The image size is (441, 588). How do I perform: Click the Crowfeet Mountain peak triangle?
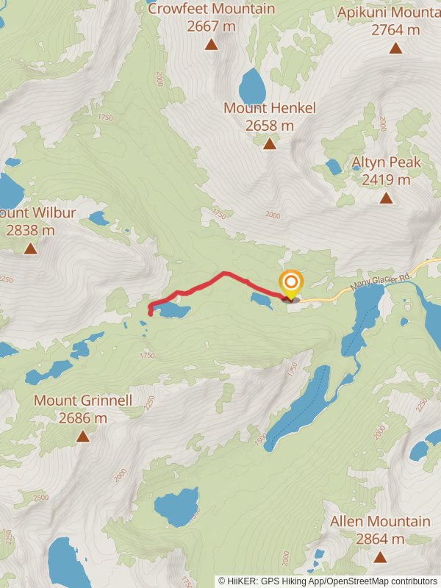[212, 44]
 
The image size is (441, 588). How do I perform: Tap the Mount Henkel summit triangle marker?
[270, 143]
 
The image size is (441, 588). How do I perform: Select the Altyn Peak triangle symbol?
[386, 197]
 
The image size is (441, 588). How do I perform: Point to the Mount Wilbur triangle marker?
[30, 248]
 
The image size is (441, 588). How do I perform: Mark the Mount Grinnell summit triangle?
[83, 436]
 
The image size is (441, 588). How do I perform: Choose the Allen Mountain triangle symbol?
[380, 556]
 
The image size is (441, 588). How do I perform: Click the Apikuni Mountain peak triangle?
[396, 48]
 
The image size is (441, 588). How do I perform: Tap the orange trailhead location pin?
[290, 284]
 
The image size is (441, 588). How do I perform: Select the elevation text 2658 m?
[270, 126]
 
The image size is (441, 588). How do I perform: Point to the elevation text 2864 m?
[380, 539]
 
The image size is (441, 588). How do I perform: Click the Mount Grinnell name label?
[83, 401]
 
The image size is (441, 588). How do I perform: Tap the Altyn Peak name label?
[381, 162]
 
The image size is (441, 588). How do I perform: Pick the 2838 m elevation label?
[30, 230]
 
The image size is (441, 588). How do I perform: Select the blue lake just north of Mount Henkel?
[252, 87]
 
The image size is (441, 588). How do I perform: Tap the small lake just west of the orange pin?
[260, 301]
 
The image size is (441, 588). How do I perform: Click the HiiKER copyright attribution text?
[329, 581]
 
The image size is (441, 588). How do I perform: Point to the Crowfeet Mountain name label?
[212, 10]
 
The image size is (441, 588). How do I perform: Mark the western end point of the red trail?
[151, 314]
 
